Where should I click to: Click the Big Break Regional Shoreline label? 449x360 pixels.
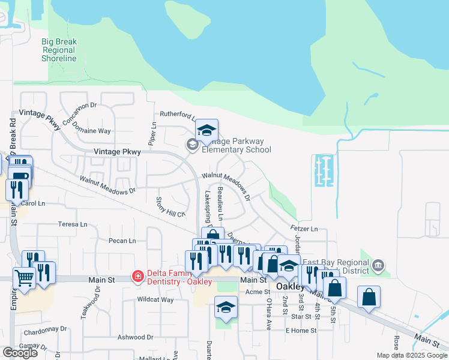coord(59,50)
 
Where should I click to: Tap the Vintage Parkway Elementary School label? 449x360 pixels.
coord(237,146)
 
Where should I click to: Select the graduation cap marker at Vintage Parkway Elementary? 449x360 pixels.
coord(206,130)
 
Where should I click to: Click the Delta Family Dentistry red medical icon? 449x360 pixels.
coord(138,277)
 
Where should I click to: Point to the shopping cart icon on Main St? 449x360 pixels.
coord(25,278)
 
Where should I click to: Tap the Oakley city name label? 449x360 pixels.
coord(290,286)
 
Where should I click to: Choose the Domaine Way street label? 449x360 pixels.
coord(96,130)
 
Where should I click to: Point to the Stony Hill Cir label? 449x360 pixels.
coord(170,206)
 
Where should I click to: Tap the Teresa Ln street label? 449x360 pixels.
coord(73,224)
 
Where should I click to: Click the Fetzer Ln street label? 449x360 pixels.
coord(304,229)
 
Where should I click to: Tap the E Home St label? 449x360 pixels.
coord(300,331)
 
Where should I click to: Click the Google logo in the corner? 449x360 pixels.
coord(20,353)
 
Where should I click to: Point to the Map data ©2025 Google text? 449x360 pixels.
coord(411,355)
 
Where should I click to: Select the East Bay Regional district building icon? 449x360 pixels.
coord(378,265)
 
